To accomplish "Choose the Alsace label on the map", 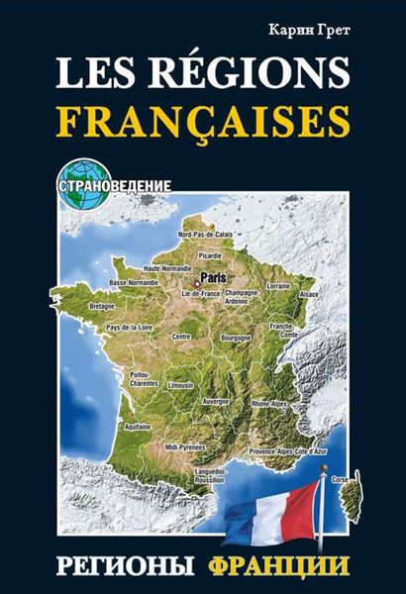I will (x=309, y=295).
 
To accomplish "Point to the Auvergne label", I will (x=217, y=402).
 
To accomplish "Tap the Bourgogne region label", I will (x=235, y=337).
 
